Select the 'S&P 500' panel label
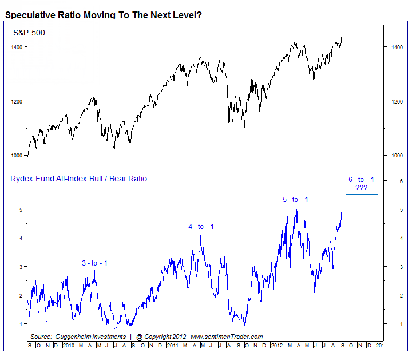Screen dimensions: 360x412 29,33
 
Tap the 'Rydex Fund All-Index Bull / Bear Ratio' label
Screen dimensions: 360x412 79,179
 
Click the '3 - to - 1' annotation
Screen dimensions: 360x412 94,263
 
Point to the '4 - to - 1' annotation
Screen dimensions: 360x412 201,227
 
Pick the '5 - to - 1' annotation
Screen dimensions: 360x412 295,199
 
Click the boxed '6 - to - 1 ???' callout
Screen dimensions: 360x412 362,184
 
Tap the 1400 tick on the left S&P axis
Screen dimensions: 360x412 17,47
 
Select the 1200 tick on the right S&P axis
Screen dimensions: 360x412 396,101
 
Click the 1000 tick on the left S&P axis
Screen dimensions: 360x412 17,156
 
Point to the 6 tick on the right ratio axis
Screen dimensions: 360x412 386,181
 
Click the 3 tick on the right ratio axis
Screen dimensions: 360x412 386,267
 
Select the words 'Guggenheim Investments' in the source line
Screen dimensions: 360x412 90,337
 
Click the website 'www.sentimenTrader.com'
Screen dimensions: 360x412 226,337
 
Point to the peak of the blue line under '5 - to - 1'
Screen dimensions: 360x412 296,209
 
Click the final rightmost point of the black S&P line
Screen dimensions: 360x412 342,38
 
